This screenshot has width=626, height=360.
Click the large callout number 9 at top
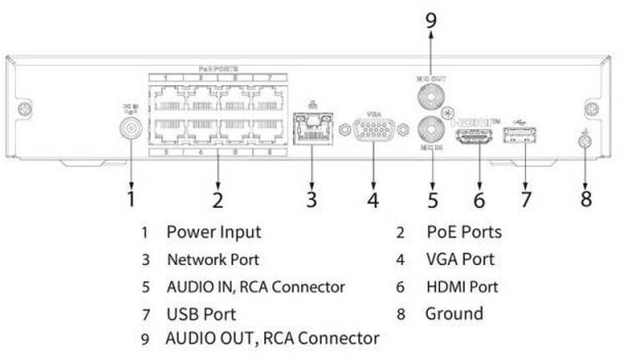[430, 21]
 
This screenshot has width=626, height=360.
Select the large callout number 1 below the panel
[130, 196]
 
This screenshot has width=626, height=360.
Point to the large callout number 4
[372, 199]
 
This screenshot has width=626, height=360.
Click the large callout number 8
[586, 198]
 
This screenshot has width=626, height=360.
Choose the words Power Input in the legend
[213, 232]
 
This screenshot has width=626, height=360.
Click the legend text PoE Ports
[465, 232]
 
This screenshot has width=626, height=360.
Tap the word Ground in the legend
[454, 313]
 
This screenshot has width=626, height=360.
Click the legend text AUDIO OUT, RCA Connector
[272, 338]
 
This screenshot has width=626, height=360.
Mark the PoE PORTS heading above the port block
[218, 69]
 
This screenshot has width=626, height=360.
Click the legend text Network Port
[213, 259]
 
